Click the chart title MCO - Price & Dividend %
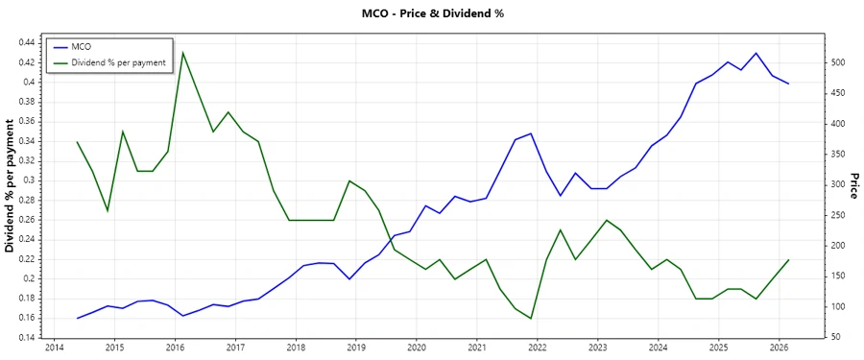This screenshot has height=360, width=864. pyautogui.click(x=432, y=13)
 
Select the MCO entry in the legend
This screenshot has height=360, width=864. pyautogui.click(x=82, y=46)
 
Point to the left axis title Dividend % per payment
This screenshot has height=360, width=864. pyautogui.click(x=11, y=186)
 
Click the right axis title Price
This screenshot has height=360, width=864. pyautogui.click(x=853, y=186)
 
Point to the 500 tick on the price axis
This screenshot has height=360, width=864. pyautogui.click(x=838, y=62)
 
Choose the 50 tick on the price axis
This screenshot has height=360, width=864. pyautogui.click(x=835, y=338)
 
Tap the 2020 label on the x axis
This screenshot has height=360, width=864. pyautogui.click(x=417, y=348)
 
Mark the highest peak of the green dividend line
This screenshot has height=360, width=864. pyautogui.click(x=182, y=53)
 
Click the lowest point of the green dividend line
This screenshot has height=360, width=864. pyautogui.click(x=531, y=319)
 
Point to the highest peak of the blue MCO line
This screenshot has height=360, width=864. pyautogui.click(x=756, y=53)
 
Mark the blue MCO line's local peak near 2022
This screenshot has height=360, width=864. pyautogui.click(x=531, y=133)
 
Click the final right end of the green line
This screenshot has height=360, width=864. pyautogui.click(x=788, y=260)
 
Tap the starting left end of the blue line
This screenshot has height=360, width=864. pyautogui.click(x=77, y=318)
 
